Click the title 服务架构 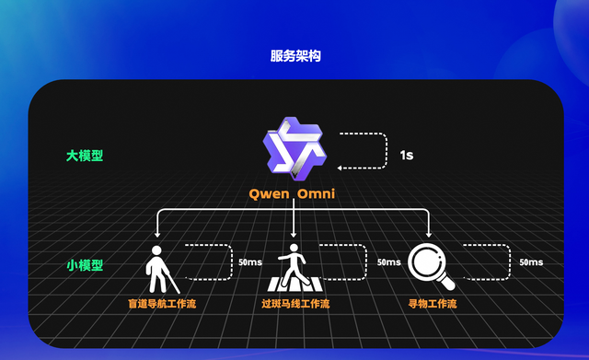pyautogui.click(x=294, y=56)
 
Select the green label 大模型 pyautogui.click(x=85, y=155)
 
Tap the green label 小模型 pyautogui.click(x=85, y=265)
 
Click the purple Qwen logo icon pyautogui.click(x=294, y=147)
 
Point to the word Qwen pyautogui.click(x=270, y=194)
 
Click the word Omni pyautogui.click(x=318, y=194)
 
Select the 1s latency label pyautogui.click(x=406, y=156)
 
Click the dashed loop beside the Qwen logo pyautogui.click(x=363, y=151)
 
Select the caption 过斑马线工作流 pyautogui.click(x=295, y=303)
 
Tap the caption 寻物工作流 pyautogui.click(x=432, y=303)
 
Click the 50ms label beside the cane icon pyautogui.click(x=250, y=262)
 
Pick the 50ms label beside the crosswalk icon pyautogui.click(x=388, y=262)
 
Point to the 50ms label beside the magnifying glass pyautogui.click(x=531, y=262)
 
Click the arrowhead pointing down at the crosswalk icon pyautogui.click(x=294, y=236)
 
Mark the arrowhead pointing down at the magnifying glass pyautogui.click(x=429, y=236)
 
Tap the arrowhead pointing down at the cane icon pyautogui.click(x=158, y=236)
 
